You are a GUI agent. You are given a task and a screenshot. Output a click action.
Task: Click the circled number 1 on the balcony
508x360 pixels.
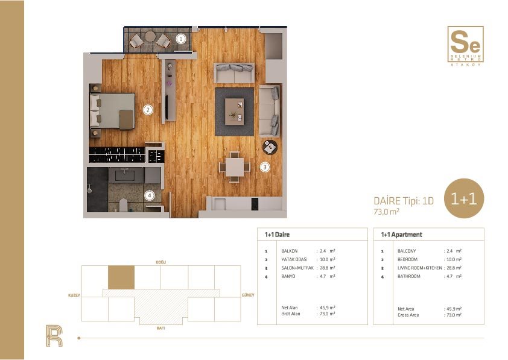[181, 39]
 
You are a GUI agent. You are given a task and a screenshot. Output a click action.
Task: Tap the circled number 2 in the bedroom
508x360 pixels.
[148, 110]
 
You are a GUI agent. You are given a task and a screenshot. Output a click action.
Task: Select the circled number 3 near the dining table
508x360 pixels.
[265, 167]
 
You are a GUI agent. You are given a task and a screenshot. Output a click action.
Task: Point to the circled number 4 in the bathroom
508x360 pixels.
[150, 195]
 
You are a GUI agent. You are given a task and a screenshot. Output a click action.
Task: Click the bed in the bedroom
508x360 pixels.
[112, 111]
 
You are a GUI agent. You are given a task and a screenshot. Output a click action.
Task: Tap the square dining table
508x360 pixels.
[235, 167]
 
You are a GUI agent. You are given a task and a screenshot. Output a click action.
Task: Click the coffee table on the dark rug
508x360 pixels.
[234, 112]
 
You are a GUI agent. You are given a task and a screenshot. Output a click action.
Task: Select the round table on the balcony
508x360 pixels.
[150, 36]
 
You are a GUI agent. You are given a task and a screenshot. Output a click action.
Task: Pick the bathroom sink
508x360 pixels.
[124, 175]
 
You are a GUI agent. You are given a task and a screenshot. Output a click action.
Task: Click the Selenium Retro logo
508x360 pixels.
[465, 46]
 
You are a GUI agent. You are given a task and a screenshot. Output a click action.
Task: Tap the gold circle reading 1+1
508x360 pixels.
[464, 198]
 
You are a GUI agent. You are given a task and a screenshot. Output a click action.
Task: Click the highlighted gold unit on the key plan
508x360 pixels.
[121, 277]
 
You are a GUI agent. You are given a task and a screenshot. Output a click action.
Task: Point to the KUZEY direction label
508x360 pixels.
[74, 295]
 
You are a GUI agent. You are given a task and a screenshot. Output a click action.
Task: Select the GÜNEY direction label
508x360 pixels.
[248, 295]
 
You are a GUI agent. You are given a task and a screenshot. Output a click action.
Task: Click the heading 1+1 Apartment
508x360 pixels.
[401, 235]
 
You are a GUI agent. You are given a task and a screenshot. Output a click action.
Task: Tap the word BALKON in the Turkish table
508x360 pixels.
[290, 251]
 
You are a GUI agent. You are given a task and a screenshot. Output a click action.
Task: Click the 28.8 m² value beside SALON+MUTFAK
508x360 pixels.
[327, 268]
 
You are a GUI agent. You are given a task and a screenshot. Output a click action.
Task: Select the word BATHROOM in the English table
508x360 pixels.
[409, 276]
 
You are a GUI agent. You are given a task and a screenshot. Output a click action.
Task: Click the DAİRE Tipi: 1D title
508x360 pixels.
[404, 201]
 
